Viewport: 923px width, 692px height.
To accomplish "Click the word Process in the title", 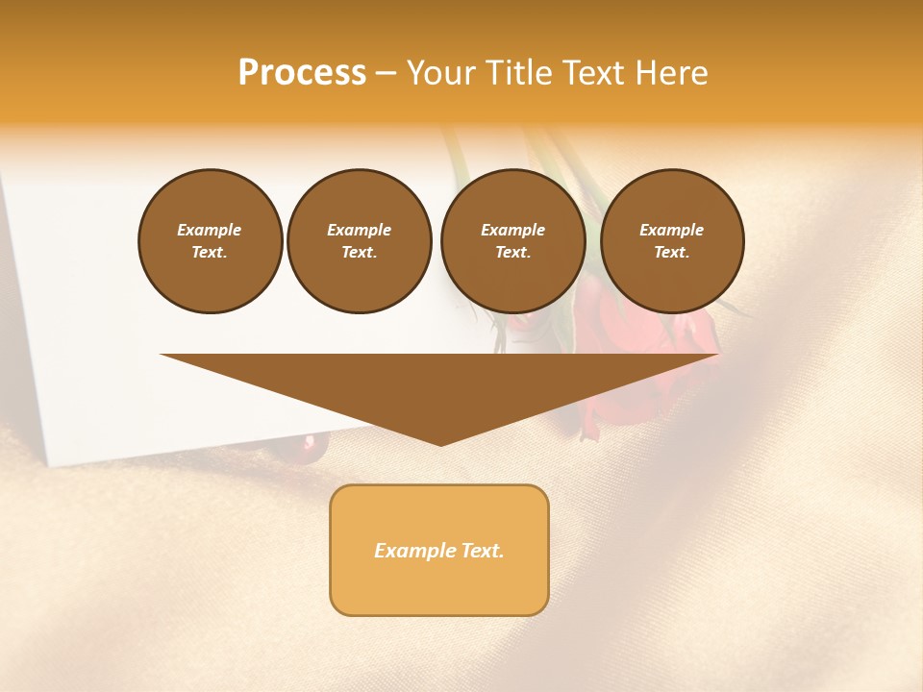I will click(302, 73).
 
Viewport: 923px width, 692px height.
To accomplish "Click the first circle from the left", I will click(210, 240).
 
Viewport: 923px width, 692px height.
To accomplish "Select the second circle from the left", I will click(360, 240).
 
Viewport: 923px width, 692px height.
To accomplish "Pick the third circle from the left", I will click(512, 240).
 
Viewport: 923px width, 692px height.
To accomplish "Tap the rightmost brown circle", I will click(672, 240).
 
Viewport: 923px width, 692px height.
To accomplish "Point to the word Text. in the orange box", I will click(482, 551).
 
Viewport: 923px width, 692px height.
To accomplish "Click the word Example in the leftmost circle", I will click(210, 230).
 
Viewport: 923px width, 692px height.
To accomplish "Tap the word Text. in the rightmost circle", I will click(672, 252).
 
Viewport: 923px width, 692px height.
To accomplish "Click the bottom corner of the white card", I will click(50, 464).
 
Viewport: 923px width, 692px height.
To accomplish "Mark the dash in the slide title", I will click(386, 73).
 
